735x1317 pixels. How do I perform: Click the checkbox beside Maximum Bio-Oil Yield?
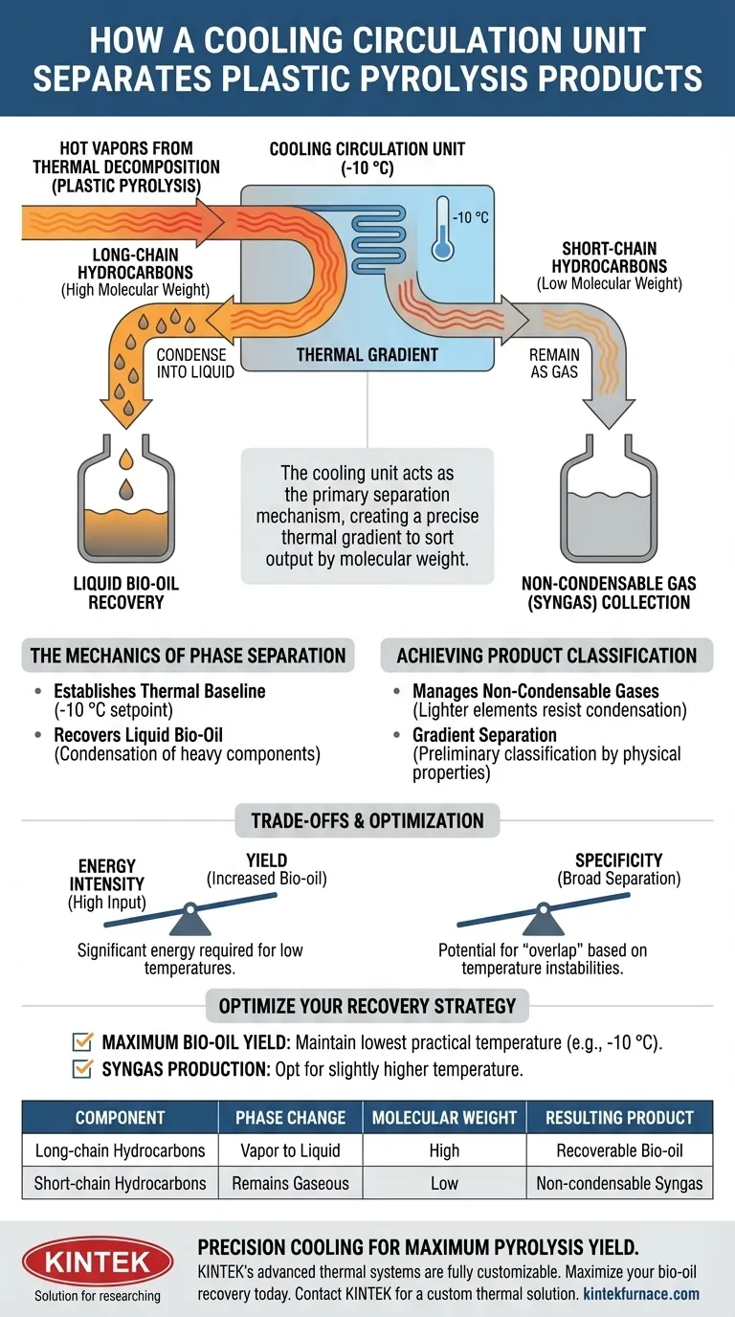tap(83, 1042)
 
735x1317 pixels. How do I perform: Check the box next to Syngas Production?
tap(83, 1069)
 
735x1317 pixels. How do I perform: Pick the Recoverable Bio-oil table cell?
tap(619, 1150)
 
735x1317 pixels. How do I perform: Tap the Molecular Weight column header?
tap(444, 1117)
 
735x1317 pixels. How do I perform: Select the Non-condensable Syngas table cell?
tap(619, 1183)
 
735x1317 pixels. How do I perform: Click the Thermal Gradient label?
tap(367, 354)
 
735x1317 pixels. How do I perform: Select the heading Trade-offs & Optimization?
tap(367, 820)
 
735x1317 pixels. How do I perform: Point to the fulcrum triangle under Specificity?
tap(544, 921)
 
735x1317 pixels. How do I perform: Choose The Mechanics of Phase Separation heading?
tap(188, 656)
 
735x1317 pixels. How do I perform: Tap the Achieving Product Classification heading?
tap(546, 656)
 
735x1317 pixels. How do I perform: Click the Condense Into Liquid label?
tap(194, 363)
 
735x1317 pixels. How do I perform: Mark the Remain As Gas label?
tap(553, 363)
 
